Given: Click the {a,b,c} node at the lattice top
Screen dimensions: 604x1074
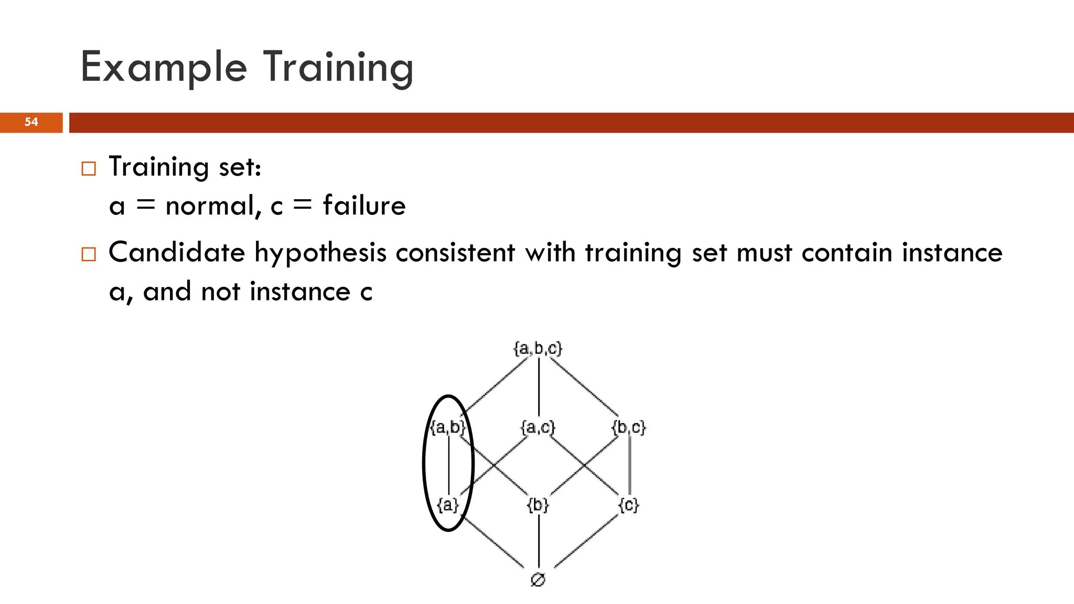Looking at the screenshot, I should coord(538,349).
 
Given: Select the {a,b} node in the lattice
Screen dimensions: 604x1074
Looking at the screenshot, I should coord(447,427).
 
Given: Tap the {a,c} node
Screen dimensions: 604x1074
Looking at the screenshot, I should coord(538,427).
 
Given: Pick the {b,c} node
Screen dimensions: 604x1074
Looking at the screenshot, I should coord(629,427).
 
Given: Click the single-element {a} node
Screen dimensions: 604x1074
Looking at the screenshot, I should coord(448,505).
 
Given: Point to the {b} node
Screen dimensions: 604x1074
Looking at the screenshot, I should coord(538,505).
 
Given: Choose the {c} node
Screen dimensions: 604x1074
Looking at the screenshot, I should coord(629,505).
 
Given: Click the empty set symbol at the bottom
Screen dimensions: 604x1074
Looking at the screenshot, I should coord(538,579).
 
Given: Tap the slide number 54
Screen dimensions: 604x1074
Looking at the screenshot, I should coord(31,122).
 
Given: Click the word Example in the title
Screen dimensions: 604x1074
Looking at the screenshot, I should coord(164,67).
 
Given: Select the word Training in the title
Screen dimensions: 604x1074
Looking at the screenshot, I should coord(338,67).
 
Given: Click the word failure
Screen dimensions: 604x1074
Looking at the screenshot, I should coord(364,205).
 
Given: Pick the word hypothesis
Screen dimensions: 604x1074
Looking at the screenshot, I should coord(320,253).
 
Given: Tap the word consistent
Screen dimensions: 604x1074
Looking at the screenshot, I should coord(455,253).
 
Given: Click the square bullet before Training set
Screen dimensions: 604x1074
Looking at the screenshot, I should coord(89,169).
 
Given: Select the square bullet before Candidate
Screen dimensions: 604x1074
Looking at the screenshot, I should coord(89,254).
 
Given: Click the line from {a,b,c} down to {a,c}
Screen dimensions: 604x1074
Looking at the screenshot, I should coord(539,388).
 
